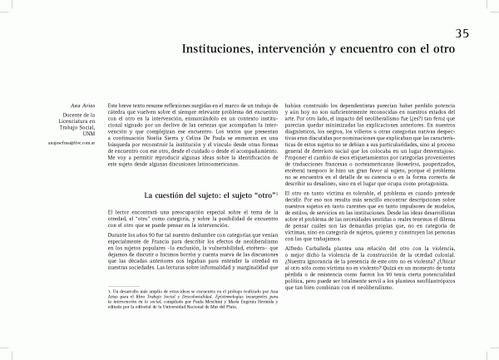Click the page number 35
pyautogui.click(x=464, y=32)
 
